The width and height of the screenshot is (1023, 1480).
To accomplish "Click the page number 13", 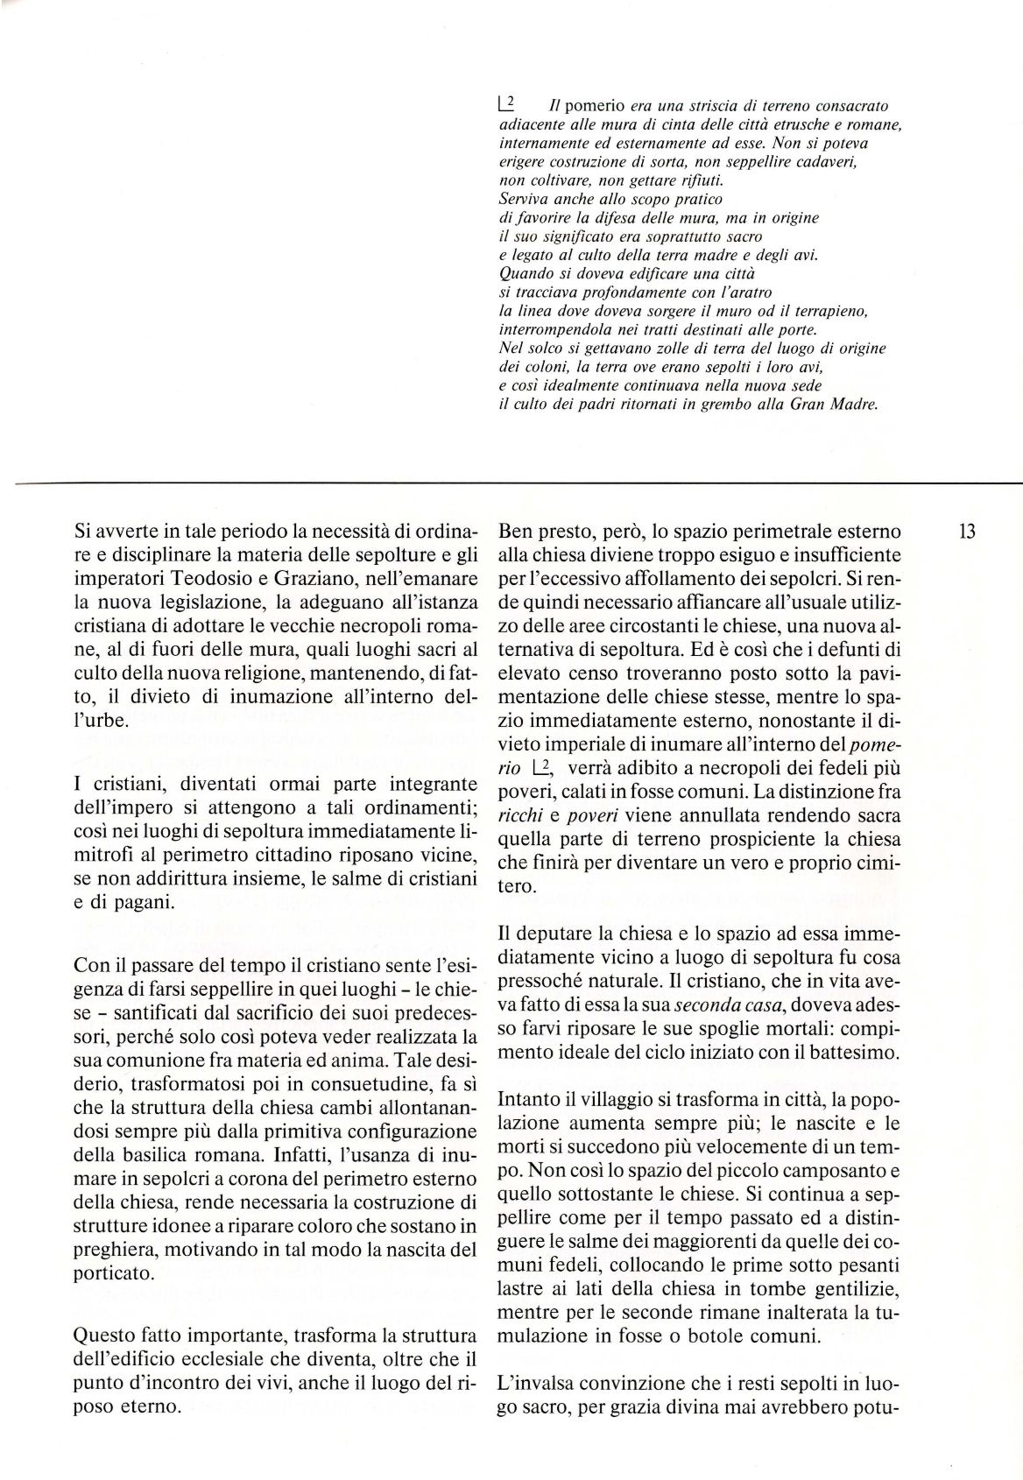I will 968,532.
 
